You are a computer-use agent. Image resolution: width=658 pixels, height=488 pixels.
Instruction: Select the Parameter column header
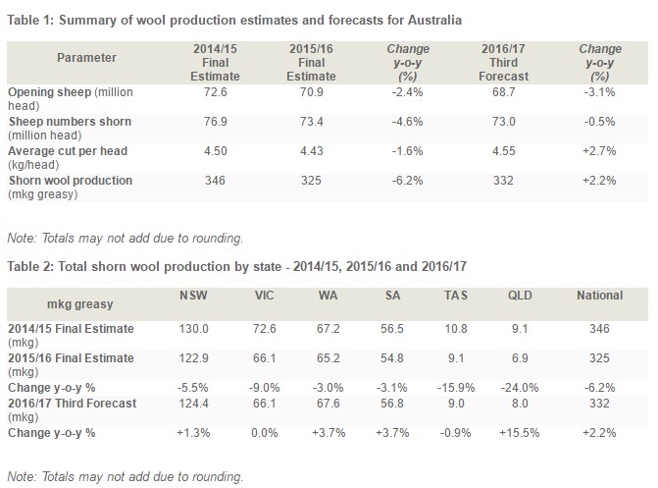coord(86,58)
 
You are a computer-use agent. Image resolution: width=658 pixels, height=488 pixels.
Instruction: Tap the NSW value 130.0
coord(193,329)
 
